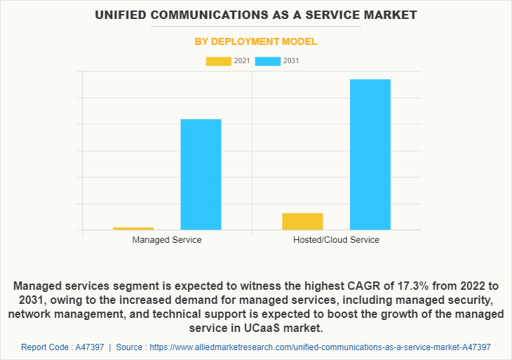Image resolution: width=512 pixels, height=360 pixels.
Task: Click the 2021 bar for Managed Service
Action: pos(133,228)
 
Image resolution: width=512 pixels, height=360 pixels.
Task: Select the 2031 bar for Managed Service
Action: pos(201,175)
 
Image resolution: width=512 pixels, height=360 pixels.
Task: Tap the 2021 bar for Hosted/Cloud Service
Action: pos(302,221)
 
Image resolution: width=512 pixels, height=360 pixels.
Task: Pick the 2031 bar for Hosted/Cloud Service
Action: pos(370,154)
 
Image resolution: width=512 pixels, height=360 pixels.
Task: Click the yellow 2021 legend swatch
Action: pos(218,61)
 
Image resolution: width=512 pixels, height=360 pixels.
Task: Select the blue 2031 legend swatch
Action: pos(267,61)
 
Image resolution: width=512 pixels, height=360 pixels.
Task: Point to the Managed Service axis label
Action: pos(167,240)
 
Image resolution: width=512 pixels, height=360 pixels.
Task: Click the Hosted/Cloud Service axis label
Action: pos(336,240)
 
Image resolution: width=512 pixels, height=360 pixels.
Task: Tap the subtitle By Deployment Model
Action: pos(256,41)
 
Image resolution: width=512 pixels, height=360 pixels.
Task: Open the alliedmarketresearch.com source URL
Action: pos(320,347)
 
